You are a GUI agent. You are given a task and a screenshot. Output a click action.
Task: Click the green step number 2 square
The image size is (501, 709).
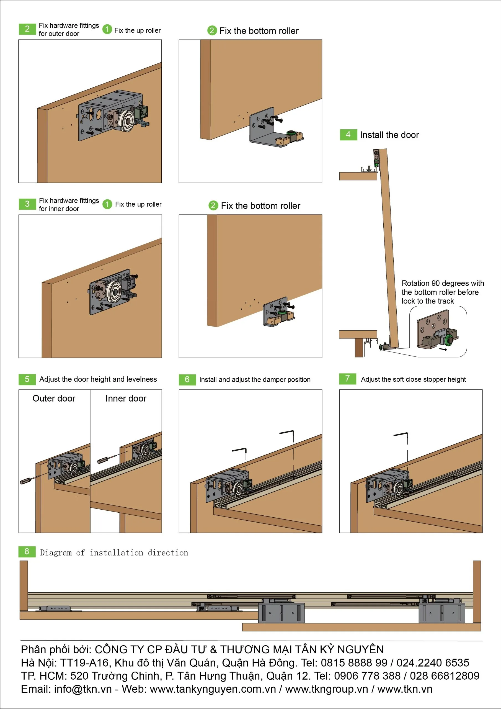(x=27, y=29)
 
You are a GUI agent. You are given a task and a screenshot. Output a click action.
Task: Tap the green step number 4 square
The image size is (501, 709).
(x=348, y=135)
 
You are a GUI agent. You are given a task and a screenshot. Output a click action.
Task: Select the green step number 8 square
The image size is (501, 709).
(x=27, y=551)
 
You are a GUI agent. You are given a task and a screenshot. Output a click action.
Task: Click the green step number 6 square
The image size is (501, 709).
(x=187, y=379)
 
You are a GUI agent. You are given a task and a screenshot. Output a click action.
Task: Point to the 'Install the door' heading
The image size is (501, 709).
(x=389, y=135)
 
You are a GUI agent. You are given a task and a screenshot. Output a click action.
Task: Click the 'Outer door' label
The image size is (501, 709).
(x=54, y=398)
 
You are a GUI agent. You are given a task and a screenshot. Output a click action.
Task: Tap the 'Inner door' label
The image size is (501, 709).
(x=126, y=398)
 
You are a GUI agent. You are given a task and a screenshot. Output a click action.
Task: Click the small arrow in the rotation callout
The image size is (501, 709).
(x=443, y=350)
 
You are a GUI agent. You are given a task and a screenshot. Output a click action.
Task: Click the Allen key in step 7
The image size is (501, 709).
(x=401, y=435)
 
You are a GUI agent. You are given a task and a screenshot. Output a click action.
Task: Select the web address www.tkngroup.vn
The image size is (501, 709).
(x=327, y=689)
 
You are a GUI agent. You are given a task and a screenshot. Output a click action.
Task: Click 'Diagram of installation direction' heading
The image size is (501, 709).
(x=114, y=553)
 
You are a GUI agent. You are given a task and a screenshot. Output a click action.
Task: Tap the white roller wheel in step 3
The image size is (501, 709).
(x=115, y=291)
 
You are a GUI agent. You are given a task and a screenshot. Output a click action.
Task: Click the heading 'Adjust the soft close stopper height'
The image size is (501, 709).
(x=413, y=379)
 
